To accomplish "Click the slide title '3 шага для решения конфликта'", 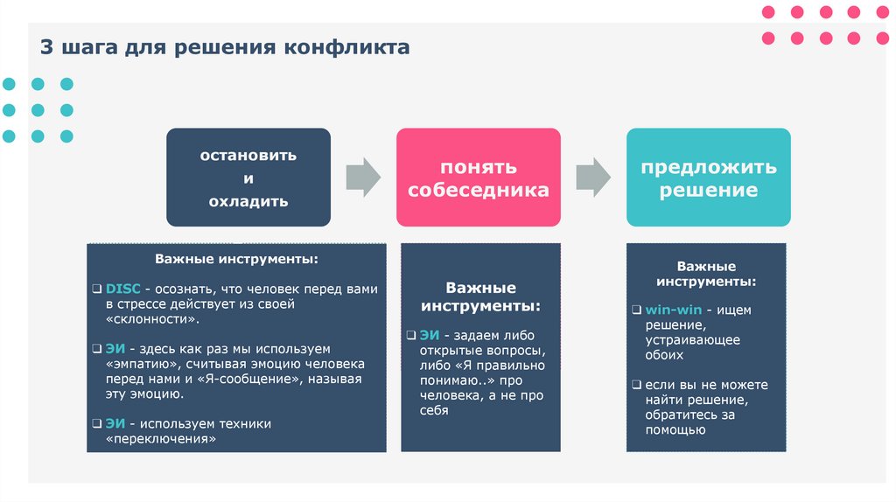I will (224, 46).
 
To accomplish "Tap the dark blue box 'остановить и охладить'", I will (248, 178).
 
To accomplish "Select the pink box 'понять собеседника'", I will (478, 178).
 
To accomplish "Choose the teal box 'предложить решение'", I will (708, 178).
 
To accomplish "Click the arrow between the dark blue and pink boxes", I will (363, 178).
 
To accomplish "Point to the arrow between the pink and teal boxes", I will (593, 178).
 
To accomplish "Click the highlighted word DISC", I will (122, 289).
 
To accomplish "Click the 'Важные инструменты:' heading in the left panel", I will (236, 260).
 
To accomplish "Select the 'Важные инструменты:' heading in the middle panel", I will (480, 296).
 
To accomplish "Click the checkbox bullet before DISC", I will (97, 289).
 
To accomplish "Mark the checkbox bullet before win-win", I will (638, 310).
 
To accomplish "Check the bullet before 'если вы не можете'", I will (638, 385).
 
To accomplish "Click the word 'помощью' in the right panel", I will (675, 429).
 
